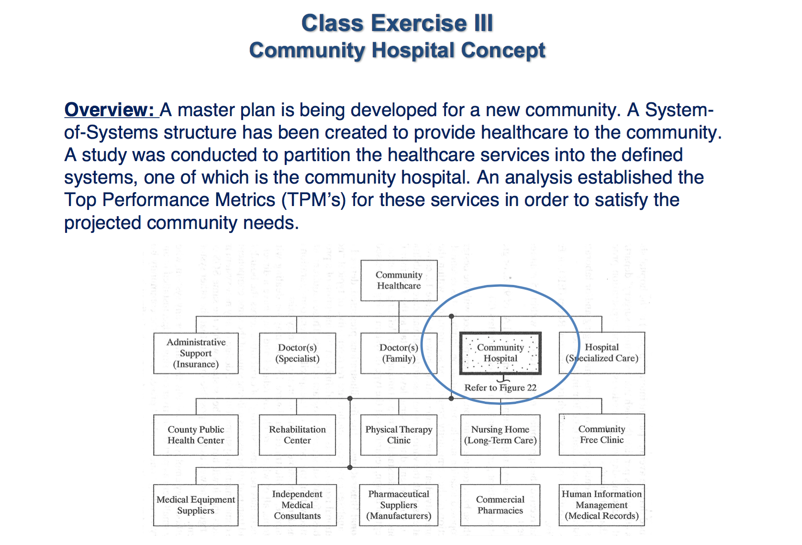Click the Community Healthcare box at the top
pyautogui.click(x=399, y=280)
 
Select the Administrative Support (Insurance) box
pyautogui.click(x=196, y=353)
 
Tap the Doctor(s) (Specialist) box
pyautogui.click(x=298, y=353)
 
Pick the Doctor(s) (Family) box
pyautogui.click(x=399, y=353)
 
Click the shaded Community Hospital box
pyautogui.click(x=501, y=353)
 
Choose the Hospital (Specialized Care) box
pyautogui.click(x=602, y=353)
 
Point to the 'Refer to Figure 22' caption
pyautogui.click(x=501, y=388)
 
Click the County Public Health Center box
pyautogui.click(x=196, y=435)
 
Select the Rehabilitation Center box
pyautogui.click(x=298, y=435)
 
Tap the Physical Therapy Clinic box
pyautogui.click(x=399, y=435)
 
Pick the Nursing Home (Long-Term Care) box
pyautogui.click(x=501, y=435)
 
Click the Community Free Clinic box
pyautogui.click(x=602, y=435)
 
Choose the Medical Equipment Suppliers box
pyautogui.click(x=196, y=505)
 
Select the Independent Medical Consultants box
pyautogui.click(x=298, y=505)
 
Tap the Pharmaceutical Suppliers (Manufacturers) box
pyautogui.click(x=399, y=505)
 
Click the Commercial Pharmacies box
pyautogui.click(x=501, y=505)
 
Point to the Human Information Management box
pyautogui.click(x=602, y=505)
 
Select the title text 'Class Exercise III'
pyautogui.click(x=398, y=23)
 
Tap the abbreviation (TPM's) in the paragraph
pyautogui.click(x=313, y=199)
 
